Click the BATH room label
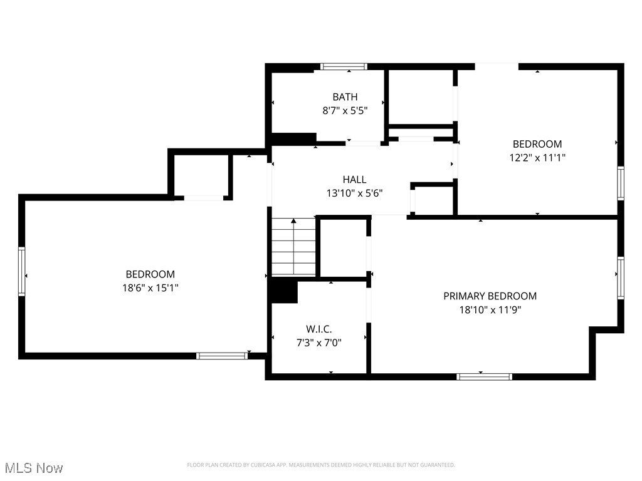click(x=345, y=96)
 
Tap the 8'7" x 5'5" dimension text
click(x=345, y=110)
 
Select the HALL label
click(x=354, y=180)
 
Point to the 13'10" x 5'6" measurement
click(x=355, y=194)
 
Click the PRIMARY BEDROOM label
click(x=490, y=296)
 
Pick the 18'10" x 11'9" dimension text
click(x=490, y=309)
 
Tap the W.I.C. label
click(x=318, y=329)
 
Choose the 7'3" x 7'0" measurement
click(x=318, y=342)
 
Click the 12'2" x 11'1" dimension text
click(x=537, y=158)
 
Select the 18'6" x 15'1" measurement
click(x=150, y=287)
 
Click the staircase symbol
click(x=293, y=247)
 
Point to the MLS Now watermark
click(x=34, y=468)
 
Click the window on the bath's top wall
click(x=343, y=66)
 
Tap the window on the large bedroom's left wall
click(x=22, y=271)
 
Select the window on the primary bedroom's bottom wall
click(x=484, y=376)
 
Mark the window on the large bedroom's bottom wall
click(x=222, y=356)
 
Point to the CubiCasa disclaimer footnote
click(x=320, y=465)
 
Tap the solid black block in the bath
click(x=292, y=139)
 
